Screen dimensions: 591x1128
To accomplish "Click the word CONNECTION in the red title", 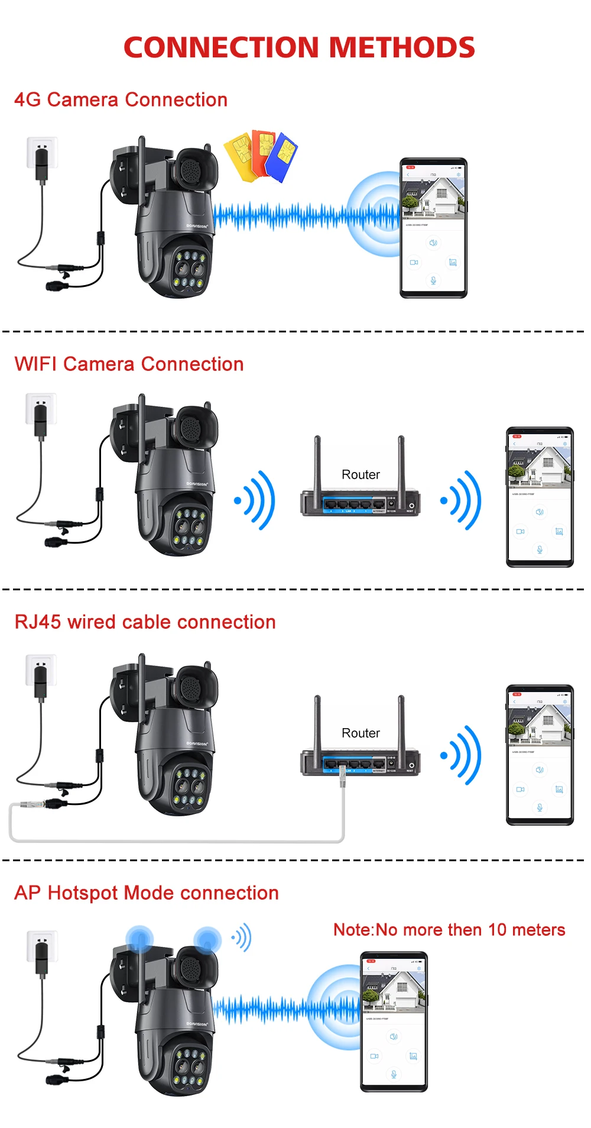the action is [221, 48].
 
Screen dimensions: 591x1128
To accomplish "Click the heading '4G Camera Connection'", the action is [121, 99].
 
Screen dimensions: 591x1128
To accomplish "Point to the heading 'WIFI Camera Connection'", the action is [129, 364].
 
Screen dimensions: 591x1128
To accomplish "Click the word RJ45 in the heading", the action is [38, 622].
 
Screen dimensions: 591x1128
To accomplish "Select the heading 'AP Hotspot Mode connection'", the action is [146, 893].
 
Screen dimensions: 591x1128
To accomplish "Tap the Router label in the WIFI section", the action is [361, 474].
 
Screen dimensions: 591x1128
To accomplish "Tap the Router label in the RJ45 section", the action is [361, 733].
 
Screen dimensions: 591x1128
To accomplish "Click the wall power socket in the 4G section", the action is [42, 152].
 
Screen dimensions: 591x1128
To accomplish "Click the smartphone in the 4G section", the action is [434, 228].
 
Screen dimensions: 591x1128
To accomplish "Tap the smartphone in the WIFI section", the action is [540, 496].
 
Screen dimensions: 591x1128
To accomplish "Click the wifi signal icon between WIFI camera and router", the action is [256, 500].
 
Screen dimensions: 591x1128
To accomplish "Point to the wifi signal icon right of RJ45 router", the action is [462, 755].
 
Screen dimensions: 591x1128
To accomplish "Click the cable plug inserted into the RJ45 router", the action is [342, 775].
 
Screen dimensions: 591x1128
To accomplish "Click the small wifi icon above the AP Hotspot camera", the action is [242, 938].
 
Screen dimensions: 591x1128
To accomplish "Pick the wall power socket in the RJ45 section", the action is [41, 670].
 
